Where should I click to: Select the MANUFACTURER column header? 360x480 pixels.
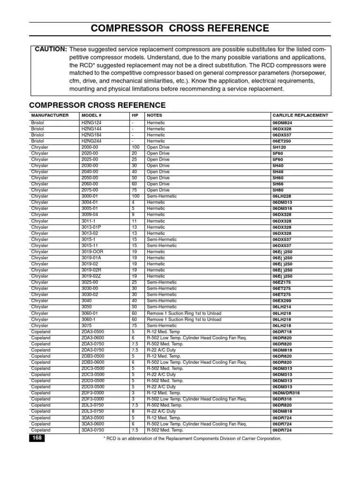click(x=50, y=115)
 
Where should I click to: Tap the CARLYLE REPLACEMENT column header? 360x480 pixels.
click(x=300, y=115)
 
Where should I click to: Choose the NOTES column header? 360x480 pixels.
click(x=155, y=115)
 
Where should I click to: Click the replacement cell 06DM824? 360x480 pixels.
click(x=283, y=123)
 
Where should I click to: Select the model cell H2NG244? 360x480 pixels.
click(x=91, y=141)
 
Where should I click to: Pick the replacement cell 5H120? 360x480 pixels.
click(x=280, y=147)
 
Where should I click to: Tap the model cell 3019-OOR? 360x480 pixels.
click(x=92, y=252)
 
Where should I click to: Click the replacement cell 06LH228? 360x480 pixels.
click(x=283, y=196)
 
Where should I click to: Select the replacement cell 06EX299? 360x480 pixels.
click(x=283, y=300)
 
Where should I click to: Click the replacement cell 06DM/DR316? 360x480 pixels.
click(x=286, y=393)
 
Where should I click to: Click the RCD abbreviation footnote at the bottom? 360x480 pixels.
click(x=192, y=439)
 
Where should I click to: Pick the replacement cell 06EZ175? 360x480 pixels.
click(x=283, y=282)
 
